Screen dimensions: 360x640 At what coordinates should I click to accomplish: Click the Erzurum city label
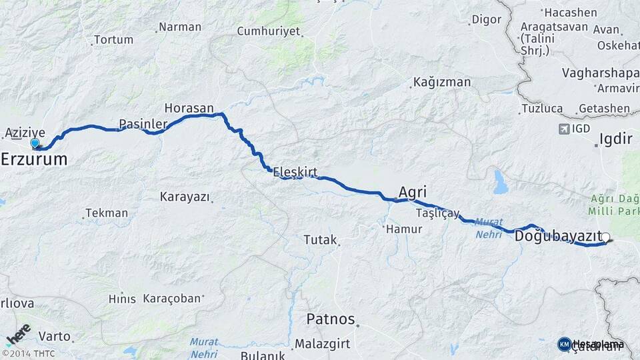tap(34, 159)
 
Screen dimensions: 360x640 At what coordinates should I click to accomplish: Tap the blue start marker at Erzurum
tap(35, 143)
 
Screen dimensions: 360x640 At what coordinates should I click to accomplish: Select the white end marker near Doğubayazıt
tap(606, 237)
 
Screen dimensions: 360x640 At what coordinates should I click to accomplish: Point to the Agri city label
tap(413, 190)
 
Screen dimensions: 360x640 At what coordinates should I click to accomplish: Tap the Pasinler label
tap(143, 124)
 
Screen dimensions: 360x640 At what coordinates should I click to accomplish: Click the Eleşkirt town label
tap(295, 172)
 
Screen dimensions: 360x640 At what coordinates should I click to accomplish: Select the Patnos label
tap(331, 319)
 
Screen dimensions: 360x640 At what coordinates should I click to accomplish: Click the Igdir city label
tap(615, 139)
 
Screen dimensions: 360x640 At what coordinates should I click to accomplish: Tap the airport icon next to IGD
tap(565, 129)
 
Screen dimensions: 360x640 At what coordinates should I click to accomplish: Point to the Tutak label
tap(320, 239)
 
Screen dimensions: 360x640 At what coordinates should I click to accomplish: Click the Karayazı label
tap(185, 197)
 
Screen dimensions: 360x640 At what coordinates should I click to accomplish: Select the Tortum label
tap(113, 40)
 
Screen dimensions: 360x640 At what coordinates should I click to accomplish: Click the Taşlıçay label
tap(438, 213)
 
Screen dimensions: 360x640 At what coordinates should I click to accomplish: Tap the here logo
tap(18, 334)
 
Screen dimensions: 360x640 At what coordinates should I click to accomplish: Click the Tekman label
tap(107, 213)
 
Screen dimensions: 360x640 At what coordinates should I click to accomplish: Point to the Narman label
tap(180, 27)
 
